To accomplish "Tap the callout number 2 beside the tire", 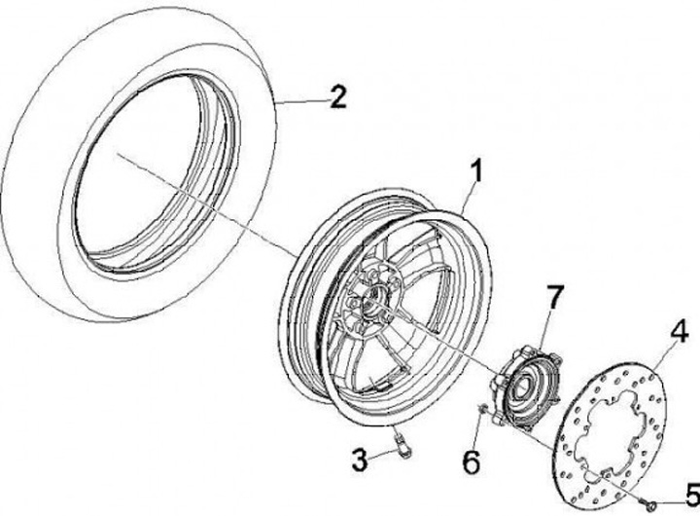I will [337, 96].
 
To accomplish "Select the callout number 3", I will [359, 460].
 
